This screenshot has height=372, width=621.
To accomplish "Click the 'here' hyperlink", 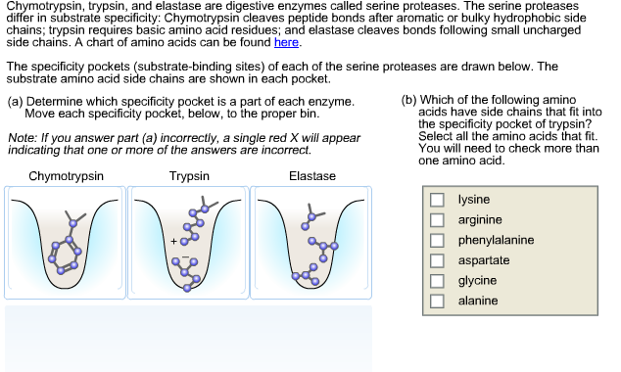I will click(x=287, y=43).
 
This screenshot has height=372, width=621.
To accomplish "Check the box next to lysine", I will click(x=438, y=200).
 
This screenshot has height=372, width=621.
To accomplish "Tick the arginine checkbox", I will click(x=438, y=220).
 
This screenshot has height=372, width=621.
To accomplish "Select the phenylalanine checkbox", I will click(x=438, y=240).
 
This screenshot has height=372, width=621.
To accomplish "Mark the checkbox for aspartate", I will click(x=438, y=260).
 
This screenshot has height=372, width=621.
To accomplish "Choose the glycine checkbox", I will click(x=438, y=281).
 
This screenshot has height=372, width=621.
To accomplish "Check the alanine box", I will click(x=438, y=302).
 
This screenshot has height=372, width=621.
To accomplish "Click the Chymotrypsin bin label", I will click(x=67, y=176).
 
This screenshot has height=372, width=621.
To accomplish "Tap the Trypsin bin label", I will click(x=189, y=176).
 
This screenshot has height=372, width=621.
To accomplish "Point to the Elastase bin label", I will click(x=312, y=176).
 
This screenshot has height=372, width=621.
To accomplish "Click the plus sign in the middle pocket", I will click(x=173, y=241).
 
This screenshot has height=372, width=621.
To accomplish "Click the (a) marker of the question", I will click(x=15, y=101).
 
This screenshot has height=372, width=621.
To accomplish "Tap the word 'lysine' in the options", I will click(x=474, y=200).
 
